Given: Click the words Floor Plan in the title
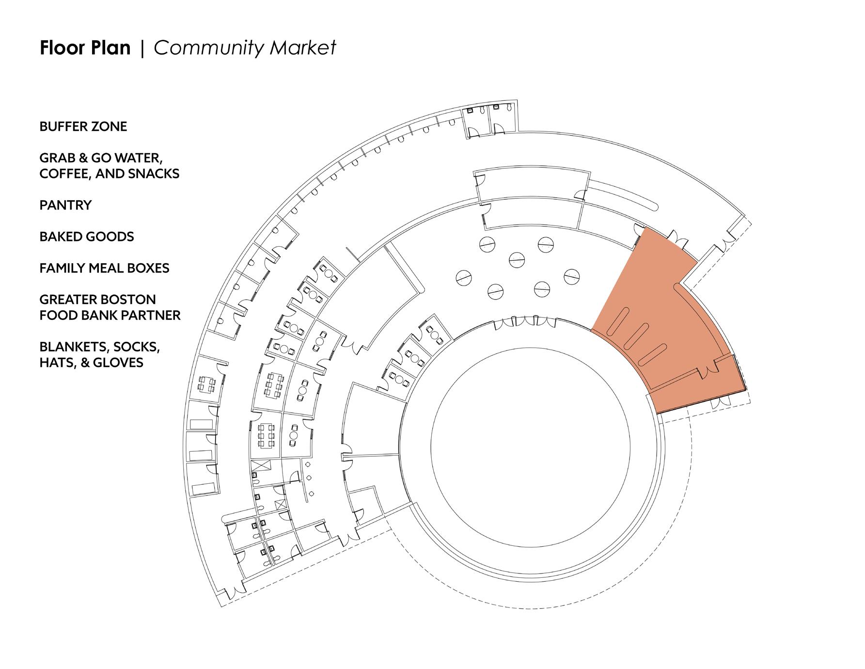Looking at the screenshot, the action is pos(85,48).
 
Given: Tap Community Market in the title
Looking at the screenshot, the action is pos(245,48).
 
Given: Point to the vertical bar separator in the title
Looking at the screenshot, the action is pos(142,48).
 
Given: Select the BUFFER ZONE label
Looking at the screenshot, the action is pos(83,127).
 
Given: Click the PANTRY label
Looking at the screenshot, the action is pos(65,205).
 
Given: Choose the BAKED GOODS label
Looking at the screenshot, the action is pos(87,237).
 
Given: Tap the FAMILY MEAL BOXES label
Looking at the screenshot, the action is pos(104,268).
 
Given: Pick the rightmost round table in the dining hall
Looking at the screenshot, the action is pos(572,276).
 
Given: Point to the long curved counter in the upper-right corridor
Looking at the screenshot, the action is pos(623,194).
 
